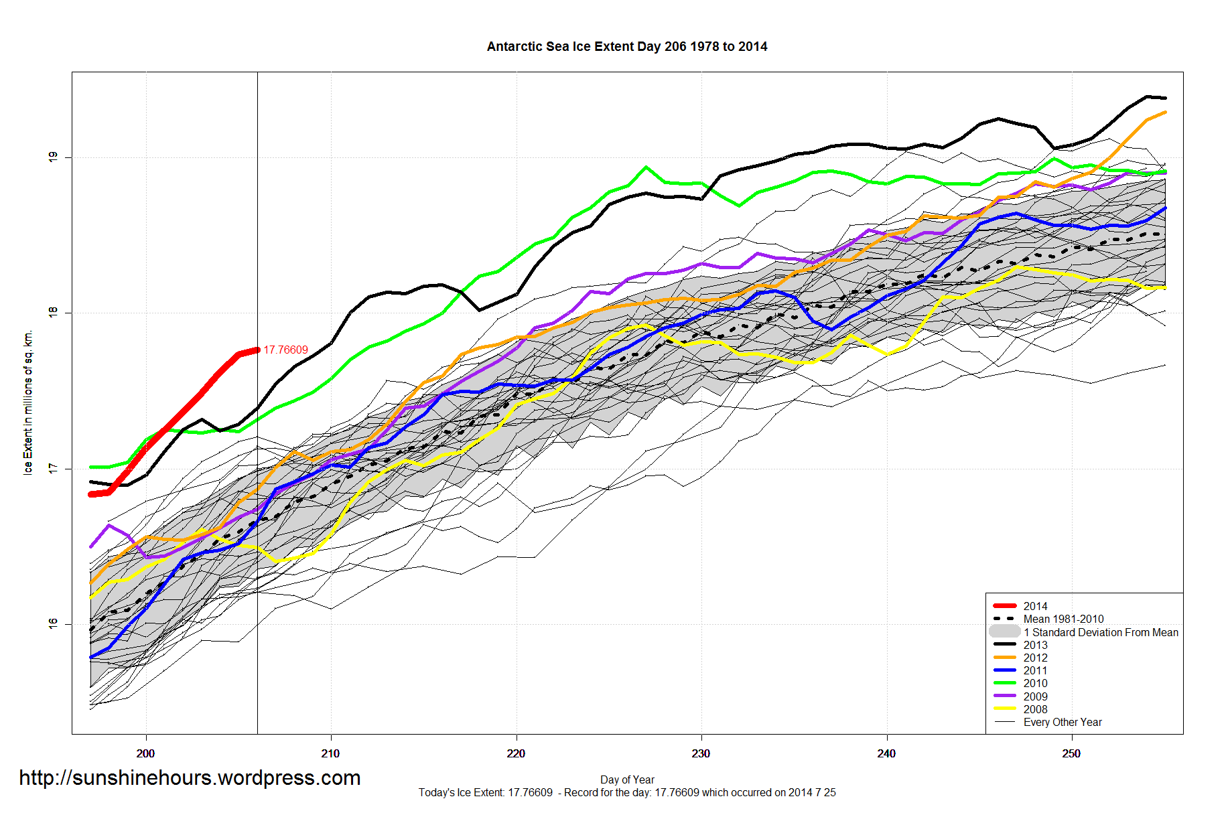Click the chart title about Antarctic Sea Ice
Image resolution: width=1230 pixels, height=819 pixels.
click(x=626, y=47)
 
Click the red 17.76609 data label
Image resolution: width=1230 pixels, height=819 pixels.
click(x=285, y=350)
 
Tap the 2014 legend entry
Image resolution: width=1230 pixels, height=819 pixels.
click(x=1035, y=606)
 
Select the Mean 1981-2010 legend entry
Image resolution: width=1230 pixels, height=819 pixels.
click(x=1063, y=619)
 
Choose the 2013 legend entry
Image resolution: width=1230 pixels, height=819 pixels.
click(x=1035, y=645)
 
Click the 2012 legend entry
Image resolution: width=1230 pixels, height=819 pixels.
click(x=1035, y=658)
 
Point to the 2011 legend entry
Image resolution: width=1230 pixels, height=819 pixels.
click(x=1035, y=670)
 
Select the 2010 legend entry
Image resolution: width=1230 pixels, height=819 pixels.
click(x=1035, y=683)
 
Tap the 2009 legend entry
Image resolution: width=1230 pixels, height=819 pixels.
click(x=1035, y=696)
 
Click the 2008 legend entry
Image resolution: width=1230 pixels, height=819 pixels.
click(x=1035, y=709)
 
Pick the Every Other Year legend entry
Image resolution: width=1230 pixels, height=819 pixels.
click(x=1062, y=722)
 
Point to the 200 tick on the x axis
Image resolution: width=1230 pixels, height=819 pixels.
click(x=145, y=753)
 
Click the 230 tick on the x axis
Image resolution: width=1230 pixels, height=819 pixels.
click(x=701, y=753)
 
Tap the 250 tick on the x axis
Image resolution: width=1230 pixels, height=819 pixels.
click(x=1071, y=753)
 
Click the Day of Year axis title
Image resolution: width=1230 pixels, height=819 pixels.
click(x=627, y=779)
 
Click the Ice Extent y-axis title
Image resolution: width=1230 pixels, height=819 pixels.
click(x=28, y=402)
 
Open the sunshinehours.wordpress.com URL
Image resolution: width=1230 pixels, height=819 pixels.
click(x=190, y=777)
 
